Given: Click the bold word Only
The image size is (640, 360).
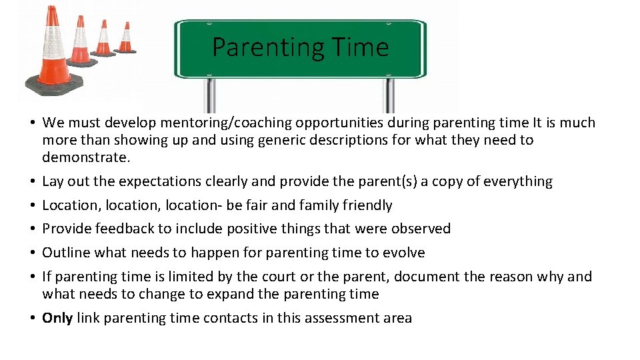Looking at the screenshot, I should pos(57,318).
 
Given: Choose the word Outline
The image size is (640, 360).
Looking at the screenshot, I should pos(65,253).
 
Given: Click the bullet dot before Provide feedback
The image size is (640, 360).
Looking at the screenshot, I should pos(32,229).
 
